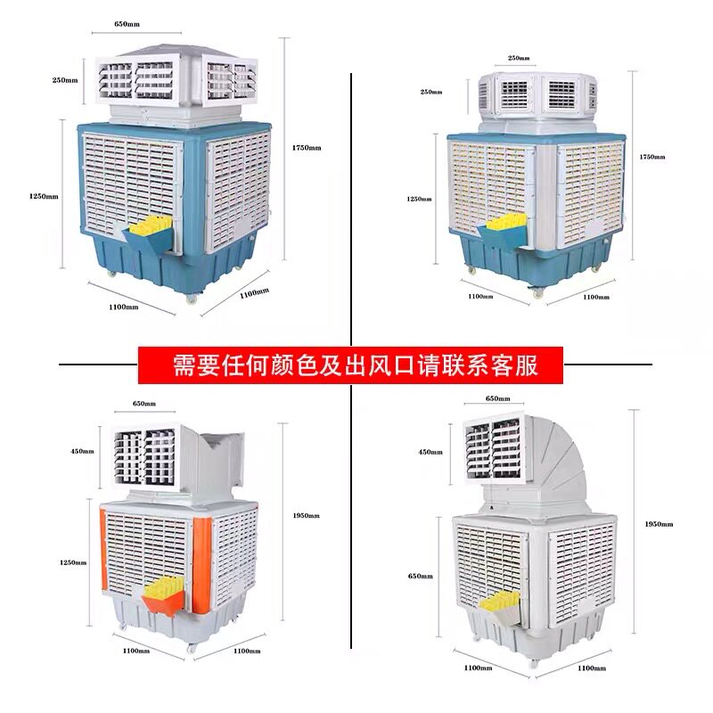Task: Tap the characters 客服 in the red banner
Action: [x=521, y=364]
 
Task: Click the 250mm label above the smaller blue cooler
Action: [x=518, y=58]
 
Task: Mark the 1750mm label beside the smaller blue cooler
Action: [x=652, y=156]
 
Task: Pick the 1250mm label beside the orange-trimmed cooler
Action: [x=75, y=562]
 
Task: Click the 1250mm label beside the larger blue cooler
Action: [x=45, y=195]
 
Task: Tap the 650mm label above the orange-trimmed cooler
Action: [x=143, y=404]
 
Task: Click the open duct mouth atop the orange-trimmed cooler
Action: [x=222, y=455]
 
